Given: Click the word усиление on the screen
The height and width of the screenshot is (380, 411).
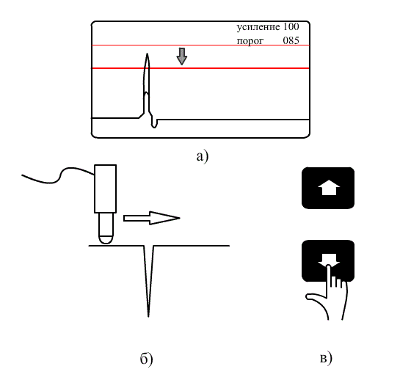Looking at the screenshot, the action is [258, 27].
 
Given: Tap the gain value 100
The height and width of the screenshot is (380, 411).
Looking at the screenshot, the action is [291, 26].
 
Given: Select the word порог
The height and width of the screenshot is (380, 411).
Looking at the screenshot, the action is [250, 41].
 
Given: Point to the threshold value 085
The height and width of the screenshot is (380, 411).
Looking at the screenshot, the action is [291, 40].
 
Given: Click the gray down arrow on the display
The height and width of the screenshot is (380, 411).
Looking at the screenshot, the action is [182, 56].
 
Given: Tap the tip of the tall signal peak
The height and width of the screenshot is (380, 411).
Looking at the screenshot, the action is [148, 54].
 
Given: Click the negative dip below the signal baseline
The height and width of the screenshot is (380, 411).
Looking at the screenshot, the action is [154, 124].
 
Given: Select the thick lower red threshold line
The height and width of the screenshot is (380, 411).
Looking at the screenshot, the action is [200, 68].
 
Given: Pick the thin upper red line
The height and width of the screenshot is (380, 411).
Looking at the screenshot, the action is [200, 45].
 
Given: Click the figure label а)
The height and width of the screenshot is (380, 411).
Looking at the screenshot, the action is [203, 156].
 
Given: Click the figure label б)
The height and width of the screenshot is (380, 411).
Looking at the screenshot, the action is [146, 359].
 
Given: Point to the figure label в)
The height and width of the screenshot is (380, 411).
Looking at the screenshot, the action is [326, 358].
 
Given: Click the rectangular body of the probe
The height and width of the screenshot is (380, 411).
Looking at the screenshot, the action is [105, 189].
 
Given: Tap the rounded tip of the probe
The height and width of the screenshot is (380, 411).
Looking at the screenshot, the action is [106, 240].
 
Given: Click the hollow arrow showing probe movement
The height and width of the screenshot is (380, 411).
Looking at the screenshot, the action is [151, 218].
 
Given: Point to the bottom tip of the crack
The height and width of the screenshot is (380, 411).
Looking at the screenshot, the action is [148, 317].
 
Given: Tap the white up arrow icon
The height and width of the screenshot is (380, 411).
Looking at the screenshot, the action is [329, 187].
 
